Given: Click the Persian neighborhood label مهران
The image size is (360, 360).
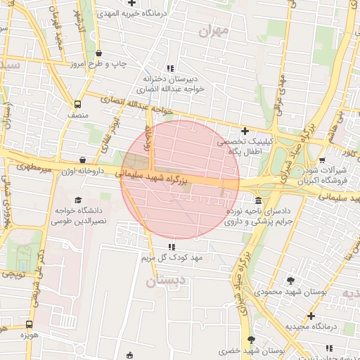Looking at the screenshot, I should pyautogui.click(x=214, y=31).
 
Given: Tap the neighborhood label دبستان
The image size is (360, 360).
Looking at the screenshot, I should pyautogui.click(x=167, y=282).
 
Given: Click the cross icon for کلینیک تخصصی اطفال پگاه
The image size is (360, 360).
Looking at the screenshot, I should pyautogui.click(x=245, y=131).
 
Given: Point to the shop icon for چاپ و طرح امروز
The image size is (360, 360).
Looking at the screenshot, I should pyautogui.click(x=98, y=54).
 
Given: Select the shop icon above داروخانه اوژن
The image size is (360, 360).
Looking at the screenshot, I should pyautogui.click(x=84, y=160).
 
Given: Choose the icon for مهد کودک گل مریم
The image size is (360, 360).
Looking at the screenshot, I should pyautogui.click(x=172, y=247).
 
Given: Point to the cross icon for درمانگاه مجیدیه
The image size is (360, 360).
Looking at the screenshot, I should pyautogui.click(x=311, y=316).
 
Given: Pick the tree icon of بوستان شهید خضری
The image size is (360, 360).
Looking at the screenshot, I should pyautogui.click(x=258, y=338).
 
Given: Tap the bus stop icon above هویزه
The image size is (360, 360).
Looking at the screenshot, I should pyautogui.click(x=29, y=324).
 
